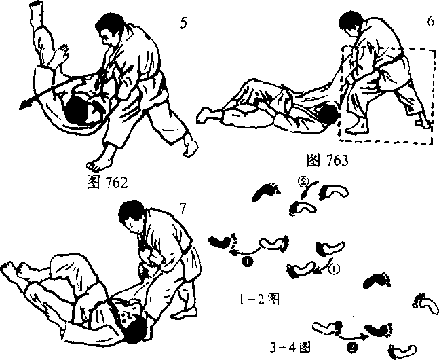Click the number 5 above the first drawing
[183, 22]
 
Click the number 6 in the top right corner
[431, 21]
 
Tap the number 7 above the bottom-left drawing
[183, 209]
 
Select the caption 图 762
[107, 183]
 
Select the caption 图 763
[327, 160]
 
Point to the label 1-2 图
[259, 300]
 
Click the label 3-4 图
[290, 347]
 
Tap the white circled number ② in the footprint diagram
[303, 182]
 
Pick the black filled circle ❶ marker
[248, 262]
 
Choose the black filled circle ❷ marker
[352, 348]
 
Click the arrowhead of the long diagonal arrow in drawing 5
[24, 105]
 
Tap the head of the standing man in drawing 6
[351, 24]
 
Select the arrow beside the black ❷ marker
[352, 336]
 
